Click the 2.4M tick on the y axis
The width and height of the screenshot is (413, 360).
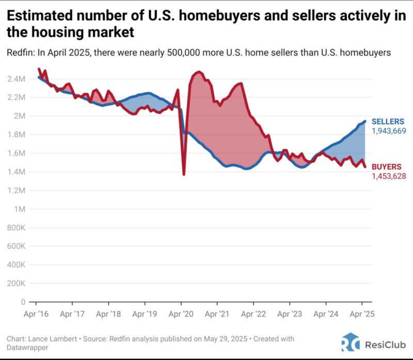tap(17, 79)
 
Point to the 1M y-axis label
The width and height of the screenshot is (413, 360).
tap(19, 209)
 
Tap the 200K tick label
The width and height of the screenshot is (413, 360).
tap(16, 283)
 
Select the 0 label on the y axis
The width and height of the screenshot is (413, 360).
tap(23, 302)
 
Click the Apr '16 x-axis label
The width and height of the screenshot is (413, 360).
tap(37, 313)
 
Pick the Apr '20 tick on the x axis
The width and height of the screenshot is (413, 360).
tap(182, 313)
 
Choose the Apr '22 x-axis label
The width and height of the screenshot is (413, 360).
tap(255, 313)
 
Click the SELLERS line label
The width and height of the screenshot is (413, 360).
tap(388, 122)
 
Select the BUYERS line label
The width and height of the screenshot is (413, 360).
tap(386, 167)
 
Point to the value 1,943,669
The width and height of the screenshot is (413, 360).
tap(389, 131)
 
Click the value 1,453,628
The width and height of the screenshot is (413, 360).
tap(389, 176)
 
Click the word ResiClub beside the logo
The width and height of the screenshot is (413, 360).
tap(384, 343)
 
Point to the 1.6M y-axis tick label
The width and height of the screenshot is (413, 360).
tap(17, 153)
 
